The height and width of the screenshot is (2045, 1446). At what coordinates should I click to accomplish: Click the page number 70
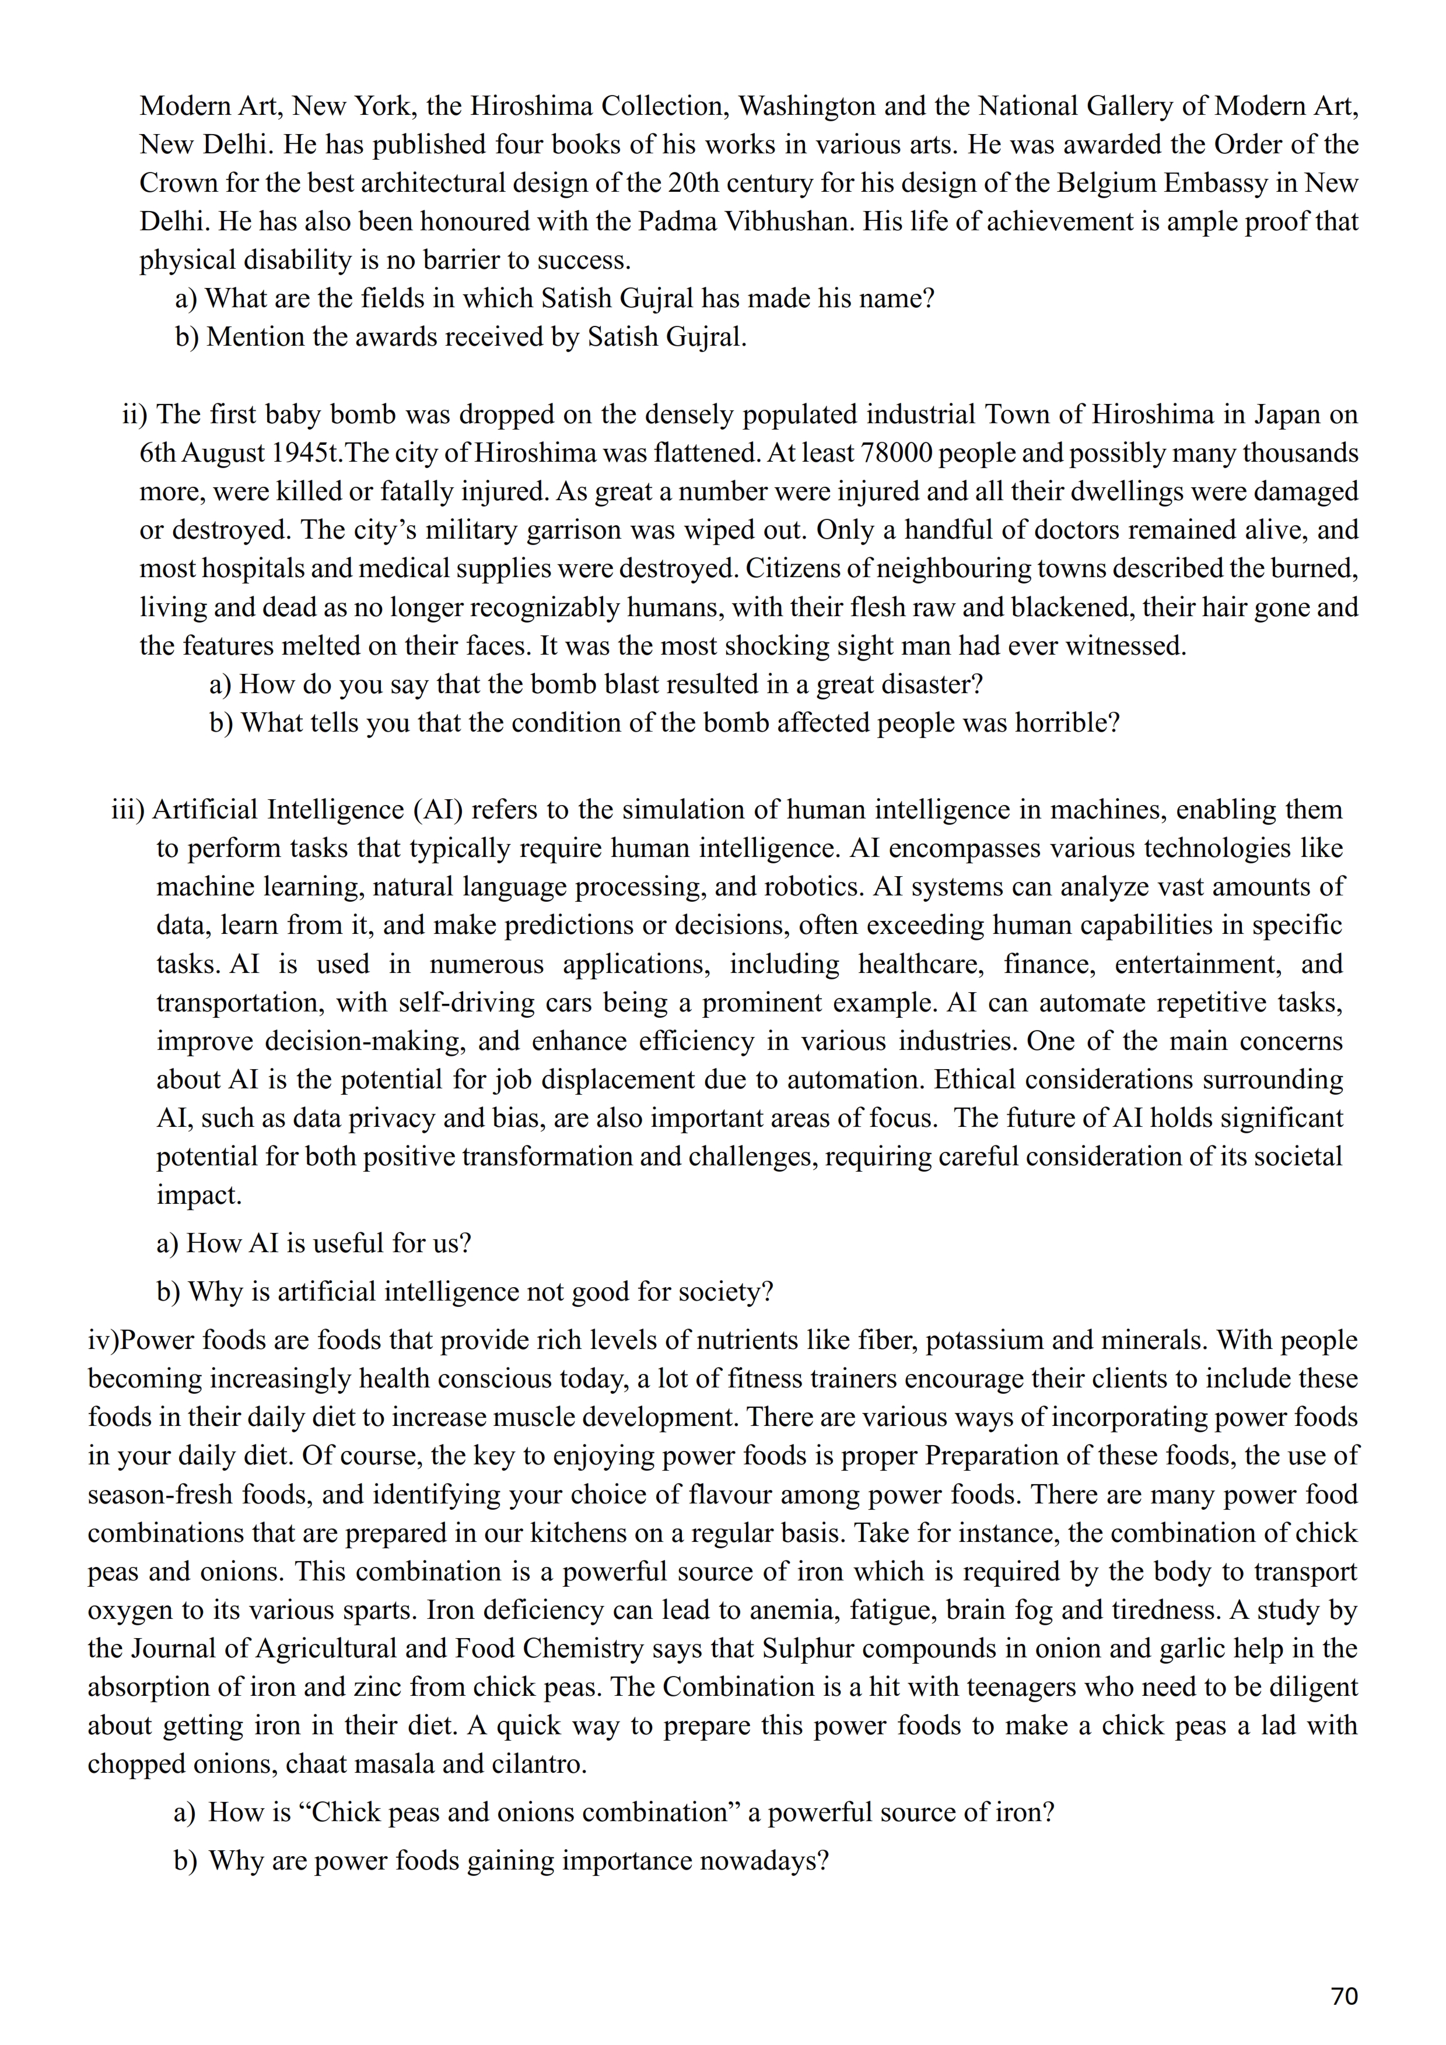pos(1343,1996)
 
